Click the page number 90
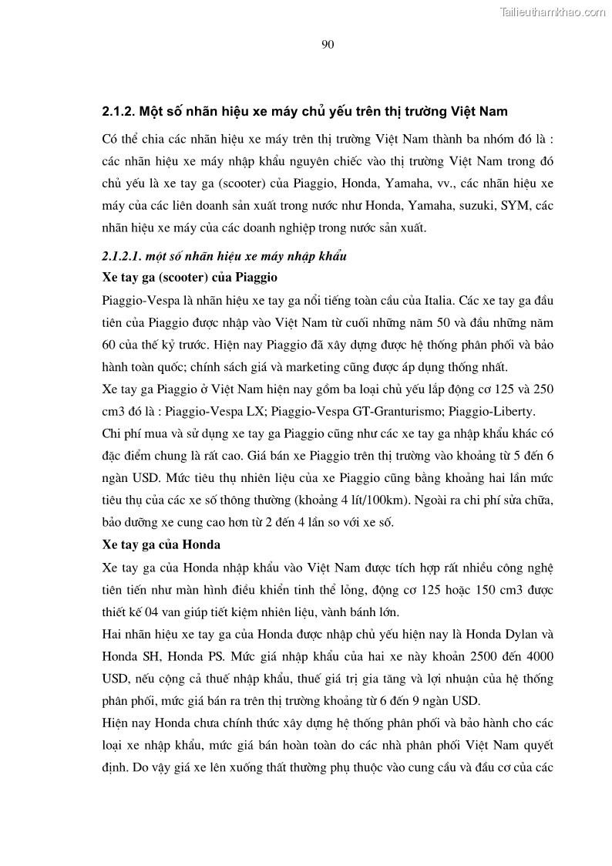327,44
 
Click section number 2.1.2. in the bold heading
120,112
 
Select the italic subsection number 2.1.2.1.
123,255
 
